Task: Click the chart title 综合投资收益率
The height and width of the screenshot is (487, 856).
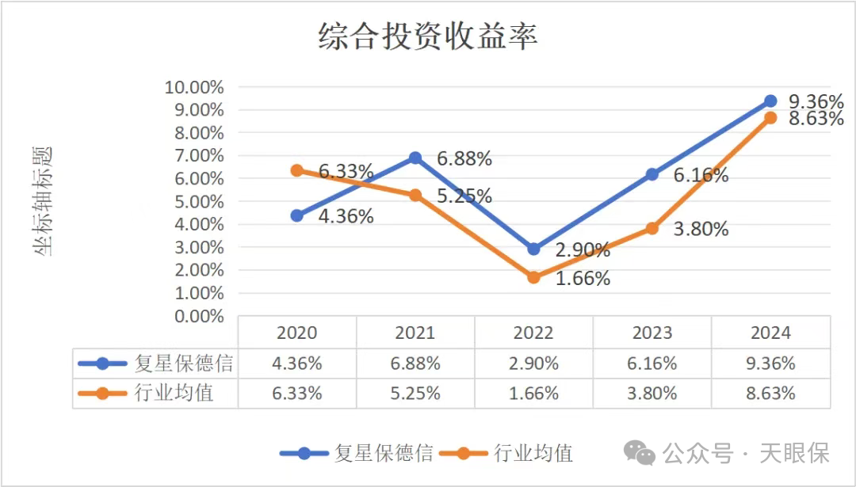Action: tap(428, 36)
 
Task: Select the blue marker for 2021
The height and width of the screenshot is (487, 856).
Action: tap(415, 158)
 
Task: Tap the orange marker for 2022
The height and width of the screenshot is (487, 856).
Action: tap(533, 277)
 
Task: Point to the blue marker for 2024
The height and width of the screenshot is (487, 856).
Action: tap(770, 101)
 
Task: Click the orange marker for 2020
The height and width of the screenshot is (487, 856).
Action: tap(296, 170)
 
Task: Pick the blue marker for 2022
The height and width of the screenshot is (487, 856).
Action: tap(533, 249)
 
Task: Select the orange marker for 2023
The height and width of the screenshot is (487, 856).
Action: tap(652, 228)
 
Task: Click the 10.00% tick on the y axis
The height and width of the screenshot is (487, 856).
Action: tap(193, 87)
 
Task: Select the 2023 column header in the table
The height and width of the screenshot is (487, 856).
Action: tap(652, 333)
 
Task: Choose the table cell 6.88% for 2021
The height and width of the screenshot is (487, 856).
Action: tap(415, 363)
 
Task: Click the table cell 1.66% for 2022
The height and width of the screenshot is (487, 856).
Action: tap(533, 393)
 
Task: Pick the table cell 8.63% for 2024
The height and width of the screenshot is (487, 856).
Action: tap(770, 393)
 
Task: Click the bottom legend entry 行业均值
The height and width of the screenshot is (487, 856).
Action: tap(533, 453)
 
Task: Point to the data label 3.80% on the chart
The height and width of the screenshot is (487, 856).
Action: tap(701, 230)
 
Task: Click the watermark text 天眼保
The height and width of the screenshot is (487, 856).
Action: tap(794, 453)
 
